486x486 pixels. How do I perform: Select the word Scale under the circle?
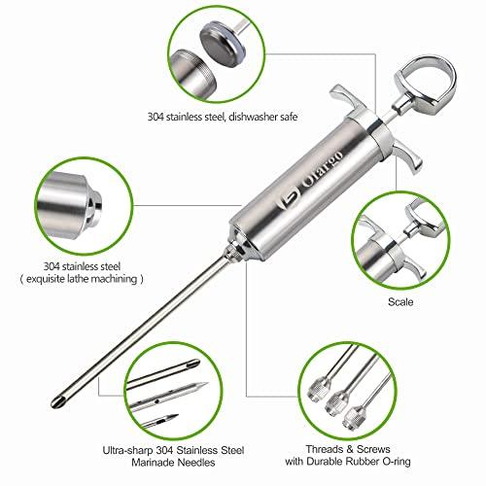400,302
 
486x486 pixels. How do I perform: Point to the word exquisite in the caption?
45,279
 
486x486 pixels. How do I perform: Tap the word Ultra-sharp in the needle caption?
127,451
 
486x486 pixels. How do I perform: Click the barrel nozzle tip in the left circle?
94,207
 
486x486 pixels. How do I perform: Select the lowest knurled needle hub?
354,418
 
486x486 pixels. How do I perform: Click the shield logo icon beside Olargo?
287,200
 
